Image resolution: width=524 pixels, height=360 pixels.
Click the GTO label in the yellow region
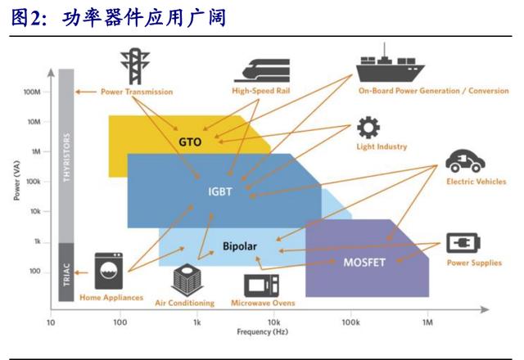[x=190, y=142]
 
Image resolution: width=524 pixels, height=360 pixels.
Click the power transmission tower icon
[x=133, y=63]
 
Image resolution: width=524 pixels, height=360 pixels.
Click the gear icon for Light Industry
[x=368, y=128]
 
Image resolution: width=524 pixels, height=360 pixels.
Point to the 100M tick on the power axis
[x=33, y=92]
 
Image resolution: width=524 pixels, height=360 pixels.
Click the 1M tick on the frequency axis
[x=427, y=322]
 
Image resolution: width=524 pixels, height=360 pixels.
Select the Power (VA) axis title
[x=15, y=182]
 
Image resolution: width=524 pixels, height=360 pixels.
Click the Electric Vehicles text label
[x=476, y=182]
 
